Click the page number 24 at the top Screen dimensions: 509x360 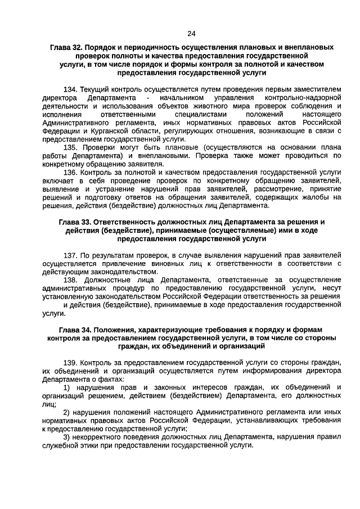[191, 33]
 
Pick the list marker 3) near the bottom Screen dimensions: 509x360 [66, 436]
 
